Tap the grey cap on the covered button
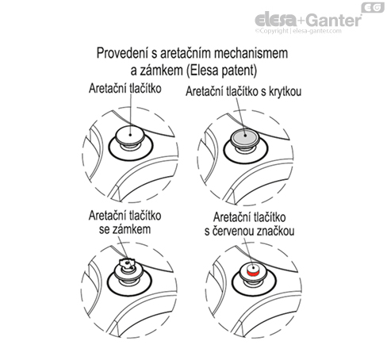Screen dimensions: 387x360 (x=245, y=136)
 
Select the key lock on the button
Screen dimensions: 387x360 (x=127, y=263)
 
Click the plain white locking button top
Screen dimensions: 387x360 (x=130, y=135)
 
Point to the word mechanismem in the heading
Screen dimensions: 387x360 (x=251, y=53)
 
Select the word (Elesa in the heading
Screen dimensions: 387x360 (x=202, y=71)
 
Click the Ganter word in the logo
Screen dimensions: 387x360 (x=335, y=20)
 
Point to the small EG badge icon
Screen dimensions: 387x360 (x=373, y=8)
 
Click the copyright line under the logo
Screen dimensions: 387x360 (x=298, y=31)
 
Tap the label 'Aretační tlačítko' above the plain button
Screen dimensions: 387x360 (x=125, y=88)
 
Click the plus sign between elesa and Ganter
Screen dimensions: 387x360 (x=302, y=21)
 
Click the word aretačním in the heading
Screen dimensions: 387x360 (x=186, y=53)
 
